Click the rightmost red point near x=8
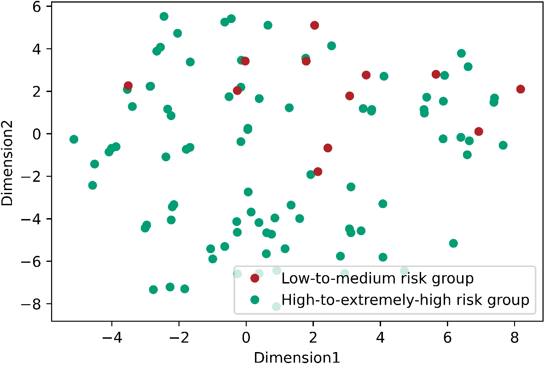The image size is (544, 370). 521,89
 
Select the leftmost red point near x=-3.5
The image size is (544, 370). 128,86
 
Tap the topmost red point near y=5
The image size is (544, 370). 314,25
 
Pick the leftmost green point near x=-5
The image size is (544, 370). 74,139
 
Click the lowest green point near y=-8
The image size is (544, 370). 276,306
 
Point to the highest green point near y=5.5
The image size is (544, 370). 164,17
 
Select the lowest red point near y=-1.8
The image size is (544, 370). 318,172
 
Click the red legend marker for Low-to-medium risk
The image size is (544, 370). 255,278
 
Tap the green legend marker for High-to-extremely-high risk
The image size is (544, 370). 255,300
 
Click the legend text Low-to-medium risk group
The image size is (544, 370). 377,278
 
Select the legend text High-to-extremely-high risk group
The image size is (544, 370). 405,300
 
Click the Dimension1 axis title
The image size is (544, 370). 297,358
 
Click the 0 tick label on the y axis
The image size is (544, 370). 40,134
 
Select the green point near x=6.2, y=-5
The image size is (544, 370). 453,243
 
